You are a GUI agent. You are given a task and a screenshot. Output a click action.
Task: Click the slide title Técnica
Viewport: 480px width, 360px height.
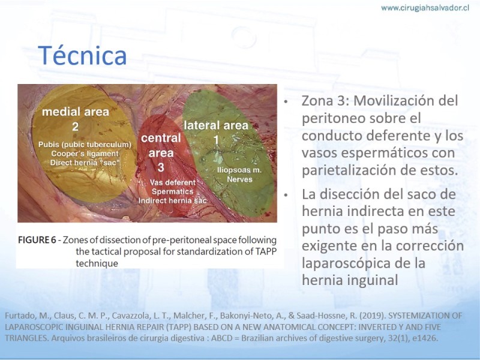[82, 55]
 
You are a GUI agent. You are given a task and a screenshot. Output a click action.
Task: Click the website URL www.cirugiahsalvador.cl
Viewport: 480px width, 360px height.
[425, 8]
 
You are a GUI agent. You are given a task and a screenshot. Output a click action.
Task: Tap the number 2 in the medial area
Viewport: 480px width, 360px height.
[76, 127]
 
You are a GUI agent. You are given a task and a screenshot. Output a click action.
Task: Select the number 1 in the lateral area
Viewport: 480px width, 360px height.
[216, 140]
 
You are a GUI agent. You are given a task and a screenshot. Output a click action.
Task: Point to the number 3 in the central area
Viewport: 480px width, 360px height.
[161, 167]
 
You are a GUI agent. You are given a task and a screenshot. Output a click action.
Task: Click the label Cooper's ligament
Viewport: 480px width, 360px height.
[85, 154]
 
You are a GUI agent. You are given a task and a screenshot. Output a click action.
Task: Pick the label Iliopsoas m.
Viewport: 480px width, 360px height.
[239, 170]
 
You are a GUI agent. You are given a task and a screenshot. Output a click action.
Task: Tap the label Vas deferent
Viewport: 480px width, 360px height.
[173, 182]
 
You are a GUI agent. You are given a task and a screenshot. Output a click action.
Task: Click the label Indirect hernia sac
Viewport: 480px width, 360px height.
[173, 200]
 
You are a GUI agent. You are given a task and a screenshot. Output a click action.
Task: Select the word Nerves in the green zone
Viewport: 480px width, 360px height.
[239, 179]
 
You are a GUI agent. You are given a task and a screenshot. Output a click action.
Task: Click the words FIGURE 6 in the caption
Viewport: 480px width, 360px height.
[37, 239]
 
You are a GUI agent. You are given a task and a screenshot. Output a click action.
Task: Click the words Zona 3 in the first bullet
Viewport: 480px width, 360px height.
[325, 100]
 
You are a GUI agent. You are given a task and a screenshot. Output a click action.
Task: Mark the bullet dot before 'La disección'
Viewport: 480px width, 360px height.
[286, 195]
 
